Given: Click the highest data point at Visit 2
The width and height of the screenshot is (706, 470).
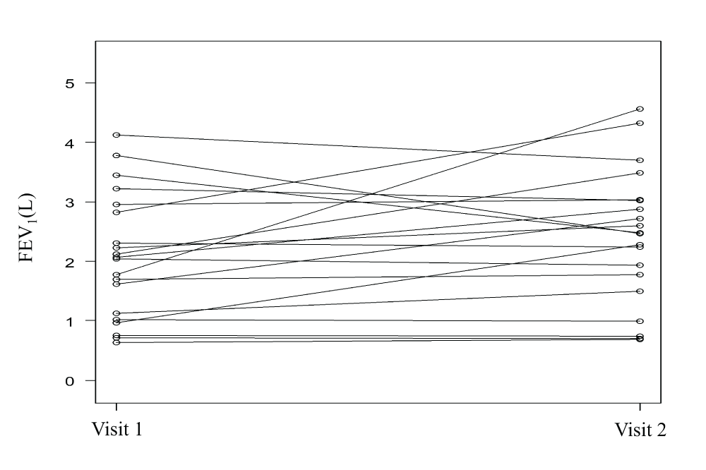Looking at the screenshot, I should (640, 109).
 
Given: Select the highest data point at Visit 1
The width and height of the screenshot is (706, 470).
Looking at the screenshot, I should (116, 135).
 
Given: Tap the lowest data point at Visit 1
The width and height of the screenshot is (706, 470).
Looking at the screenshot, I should (116, 342).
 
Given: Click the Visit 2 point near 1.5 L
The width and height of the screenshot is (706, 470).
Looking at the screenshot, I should (640, 291).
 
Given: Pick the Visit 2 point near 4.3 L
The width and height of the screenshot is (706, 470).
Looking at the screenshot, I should (640, 123).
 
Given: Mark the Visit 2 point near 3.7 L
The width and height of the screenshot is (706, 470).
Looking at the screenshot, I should (640, 160).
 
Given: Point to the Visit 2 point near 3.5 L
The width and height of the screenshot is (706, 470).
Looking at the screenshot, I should (640, 172).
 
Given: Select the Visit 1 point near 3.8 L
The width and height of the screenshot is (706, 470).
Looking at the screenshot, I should (116, 155).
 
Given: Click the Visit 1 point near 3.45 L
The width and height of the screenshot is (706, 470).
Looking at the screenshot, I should (116, 175).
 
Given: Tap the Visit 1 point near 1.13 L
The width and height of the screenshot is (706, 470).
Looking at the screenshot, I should (116, 313).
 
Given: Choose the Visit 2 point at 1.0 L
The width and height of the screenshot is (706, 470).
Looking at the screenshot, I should (640, 321).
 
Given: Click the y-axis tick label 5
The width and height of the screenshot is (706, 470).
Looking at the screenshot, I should (70, 83).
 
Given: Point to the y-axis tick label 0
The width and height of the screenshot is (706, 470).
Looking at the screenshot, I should (70, 380).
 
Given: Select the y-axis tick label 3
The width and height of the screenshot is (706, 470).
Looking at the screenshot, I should (70, 202).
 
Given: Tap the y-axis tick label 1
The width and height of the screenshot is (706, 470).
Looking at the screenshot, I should (70, 321).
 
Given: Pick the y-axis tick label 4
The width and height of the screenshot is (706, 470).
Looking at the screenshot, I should (70, 143).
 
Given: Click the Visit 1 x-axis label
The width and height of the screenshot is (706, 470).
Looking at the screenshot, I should (116, 430).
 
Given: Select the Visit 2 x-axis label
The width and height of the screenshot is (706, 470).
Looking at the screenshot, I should (640, 430).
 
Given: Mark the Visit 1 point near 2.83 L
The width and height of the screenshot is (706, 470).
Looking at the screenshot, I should (116, 212).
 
